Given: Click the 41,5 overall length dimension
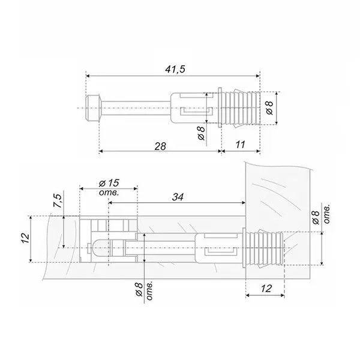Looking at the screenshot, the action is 175,69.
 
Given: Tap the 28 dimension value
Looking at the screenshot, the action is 160,146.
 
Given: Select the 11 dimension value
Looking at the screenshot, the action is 240,145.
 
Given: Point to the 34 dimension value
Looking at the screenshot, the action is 178,197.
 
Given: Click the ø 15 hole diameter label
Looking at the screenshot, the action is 109,183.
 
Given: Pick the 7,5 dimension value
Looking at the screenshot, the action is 58,201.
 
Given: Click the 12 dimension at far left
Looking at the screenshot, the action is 25,239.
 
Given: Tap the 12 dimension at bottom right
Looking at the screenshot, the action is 266,289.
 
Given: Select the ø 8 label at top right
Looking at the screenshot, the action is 269,107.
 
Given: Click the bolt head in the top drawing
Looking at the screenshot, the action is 92,108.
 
